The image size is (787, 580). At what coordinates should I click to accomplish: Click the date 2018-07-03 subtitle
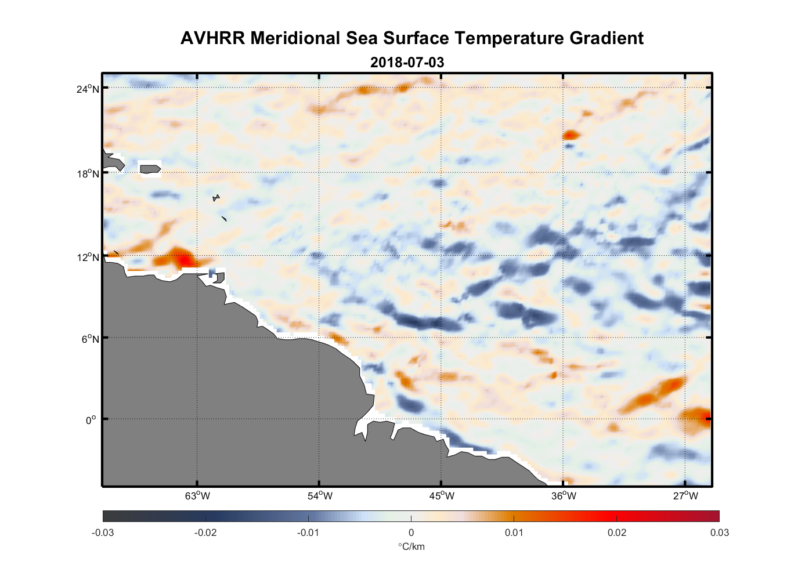(407, 62)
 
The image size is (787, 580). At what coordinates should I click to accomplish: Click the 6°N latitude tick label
(91, 339)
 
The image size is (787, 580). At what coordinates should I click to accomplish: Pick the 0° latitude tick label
(91, 420)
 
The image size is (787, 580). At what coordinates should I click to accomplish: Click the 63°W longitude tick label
(197, 496)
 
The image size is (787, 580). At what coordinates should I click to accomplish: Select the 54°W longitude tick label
(320, 496)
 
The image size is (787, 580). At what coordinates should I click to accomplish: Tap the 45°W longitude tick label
(442, 496)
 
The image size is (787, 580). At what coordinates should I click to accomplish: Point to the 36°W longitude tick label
(564, 496)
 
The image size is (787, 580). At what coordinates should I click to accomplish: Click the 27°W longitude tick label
(685, 496)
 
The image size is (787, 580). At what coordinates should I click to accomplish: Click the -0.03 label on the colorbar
(103, 532)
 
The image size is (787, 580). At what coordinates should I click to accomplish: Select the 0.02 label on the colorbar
(616, 532)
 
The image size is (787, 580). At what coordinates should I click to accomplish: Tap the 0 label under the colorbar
(411, 532)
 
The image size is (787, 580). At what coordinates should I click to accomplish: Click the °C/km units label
(411, 546)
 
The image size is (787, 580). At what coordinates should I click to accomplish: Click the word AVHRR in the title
(214, 38)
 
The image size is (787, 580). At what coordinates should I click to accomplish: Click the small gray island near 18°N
(150, 169)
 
